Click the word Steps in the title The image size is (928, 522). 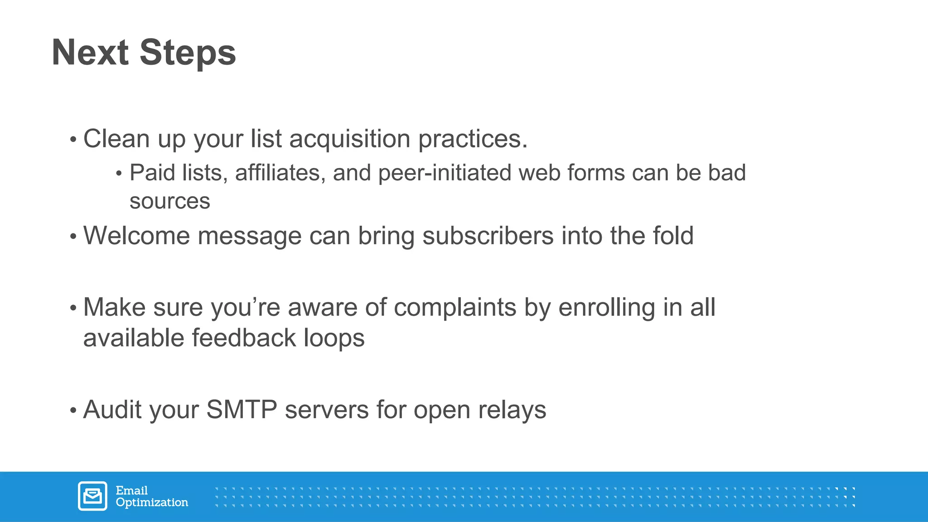[x=188, y=53]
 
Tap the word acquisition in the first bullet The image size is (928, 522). [x=349, y=139]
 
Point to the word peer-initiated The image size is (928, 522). [x=445, y=173]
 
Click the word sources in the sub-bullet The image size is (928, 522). [x=170, y=201]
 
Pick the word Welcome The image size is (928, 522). [x=136, y=236]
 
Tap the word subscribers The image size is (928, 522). [x=488, y=236]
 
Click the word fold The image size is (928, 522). [x=673, y=236]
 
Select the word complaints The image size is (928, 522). [x=455, y=308]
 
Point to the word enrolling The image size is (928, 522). [x=607, y=308]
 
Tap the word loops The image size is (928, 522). [x=334, y=338]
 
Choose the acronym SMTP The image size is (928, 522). [x=242, y=410]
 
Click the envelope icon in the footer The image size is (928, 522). [x=92, y=496]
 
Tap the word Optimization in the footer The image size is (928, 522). [x=152, y=503]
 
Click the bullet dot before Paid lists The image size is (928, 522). [x=119, y=174]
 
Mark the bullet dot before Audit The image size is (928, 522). [x=73, y=411]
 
